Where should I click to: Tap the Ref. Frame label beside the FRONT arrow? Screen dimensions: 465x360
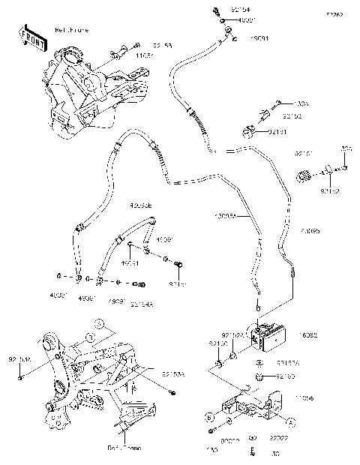[71, 30]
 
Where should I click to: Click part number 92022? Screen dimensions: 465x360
[279, 436]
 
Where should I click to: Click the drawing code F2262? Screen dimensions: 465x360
[334, 14]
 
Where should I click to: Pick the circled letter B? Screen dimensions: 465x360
[209, 415]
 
